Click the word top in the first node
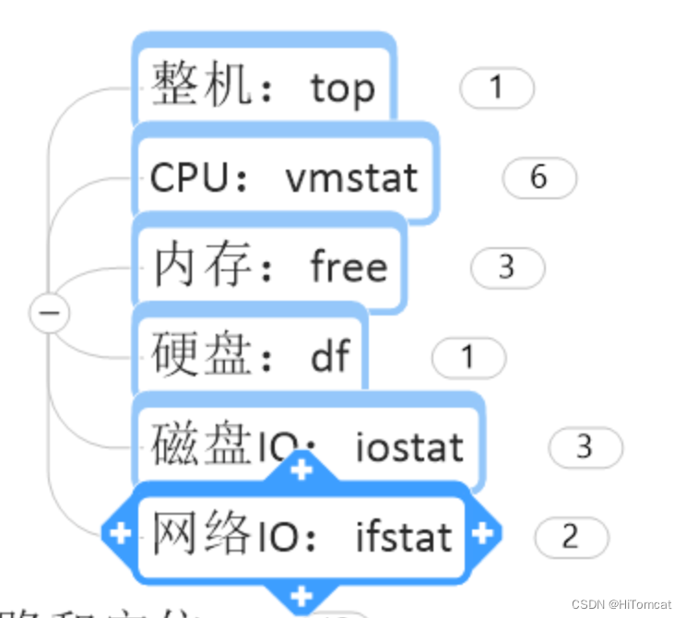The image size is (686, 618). tap(342, 89)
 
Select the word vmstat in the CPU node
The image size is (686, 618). tap(351, 176)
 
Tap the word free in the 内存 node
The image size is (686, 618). tap(349, 267)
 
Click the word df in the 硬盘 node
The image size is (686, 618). tap(329, 355)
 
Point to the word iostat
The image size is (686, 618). tap(409, 447)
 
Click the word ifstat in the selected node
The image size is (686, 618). tap(404, 536)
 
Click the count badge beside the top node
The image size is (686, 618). tap(497, 89)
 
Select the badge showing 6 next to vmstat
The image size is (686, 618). tap(539, 177)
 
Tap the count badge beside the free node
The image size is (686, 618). tap(507, 267)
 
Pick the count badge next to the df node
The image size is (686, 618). tap(468, 357)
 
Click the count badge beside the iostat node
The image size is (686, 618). tap(585, 447)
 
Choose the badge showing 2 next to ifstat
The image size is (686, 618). tap(571, 537)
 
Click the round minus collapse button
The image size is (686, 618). tap(49, 314)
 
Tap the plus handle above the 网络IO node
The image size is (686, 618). tap(302, 469)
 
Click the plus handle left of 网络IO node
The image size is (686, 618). tap(120, 533)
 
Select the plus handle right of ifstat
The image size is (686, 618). tap(484, 533)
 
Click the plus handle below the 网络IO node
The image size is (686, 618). tap(302, 595)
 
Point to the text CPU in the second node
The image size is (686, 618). tap(187, 177)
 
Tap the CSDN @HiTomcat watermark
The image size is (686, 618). tap(621, 604)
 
